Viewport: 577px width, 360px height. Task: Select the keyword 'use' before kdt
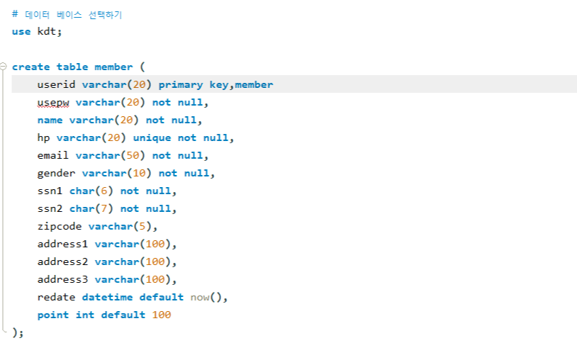[x=21, y=32]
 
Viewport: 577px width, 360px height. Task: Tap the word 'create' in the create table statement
[x=30, y=67]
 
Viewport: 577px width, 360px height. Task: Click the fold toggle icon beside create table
[x=4, y=67]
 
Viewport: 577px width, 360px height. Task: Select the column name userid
[x=56, y=85]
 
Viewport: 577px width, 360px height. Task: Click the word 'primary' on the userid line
[x=180, y=85]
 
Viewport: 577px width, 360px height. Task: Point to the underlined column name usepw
[x=53, y=103]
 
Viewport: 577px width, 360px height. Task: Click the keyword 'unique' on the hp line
[x=152, y=138]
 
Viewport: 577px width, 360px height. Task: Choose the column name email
[x=53, y=156]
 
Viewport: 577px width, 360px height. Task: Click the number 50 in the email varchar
[x=133, y=156]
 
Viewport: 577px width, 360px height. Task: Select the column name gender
[x=56, y=174]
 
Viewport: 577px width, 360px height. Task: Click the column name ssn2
[x=50, y=209]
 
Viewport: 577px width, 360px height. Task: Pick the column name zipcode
[x=60, y=227]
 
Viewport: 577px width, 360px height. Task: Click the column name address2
[x=62, y=262]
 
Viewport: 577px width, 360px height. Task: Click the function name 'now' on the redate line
[x=199, y=298]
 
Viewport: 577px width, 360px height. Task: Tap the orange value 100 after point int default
[x=162, y=315]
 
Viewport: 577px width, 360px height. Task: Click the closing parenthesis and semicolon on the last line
[x=18, y=332]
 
